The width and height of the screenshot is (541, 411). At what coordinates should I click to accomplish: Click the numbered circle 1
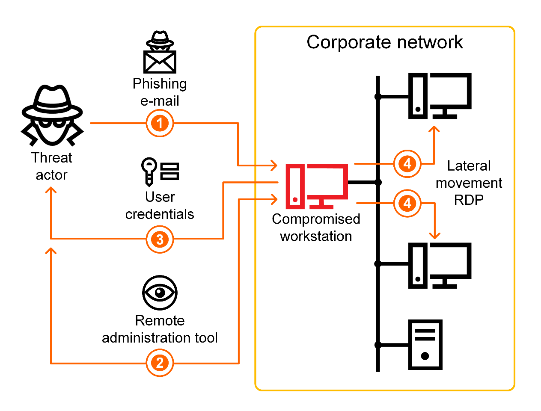(160, 123)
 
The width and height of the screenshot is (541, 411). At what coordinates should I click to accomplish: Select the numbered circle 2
(160, 363)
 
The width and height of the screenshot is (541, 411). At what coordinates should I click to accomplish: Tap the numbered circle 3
(160, 239)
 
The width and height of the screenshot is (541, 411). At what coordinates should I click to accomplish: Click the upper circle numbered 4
(407, 163)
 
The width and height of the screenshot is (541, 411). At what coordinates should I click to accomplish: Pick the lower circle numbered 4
(407, 203)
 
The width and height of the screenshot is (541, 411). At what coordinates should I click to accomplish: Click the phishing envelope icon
(160, 62)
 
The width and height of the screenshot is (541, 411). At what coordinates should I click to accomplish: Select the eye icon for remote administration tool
(160, 293)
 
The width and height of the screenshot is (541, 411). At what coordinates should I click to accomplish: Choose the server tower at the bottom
(425, 344)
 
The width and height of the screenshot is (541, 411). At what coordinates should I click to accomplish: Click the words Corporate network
(384, 42)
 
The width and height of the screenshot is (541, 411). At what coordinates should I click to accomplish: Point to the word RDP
(469, 200)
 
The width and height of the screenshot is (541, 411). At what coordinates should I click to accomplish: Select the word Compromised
(316, 219)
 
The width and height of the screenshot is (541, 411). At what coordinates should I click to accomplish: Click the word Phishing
(160, 84)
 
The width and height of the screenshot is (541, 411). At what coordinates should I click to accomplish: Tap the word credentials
(160, 214)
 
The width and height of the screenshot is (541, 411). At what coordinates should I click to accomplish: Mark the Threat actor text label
(52, 166)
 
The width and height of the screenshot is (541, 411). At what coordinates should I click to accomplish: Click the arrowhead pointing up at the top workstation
(434, 129)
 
